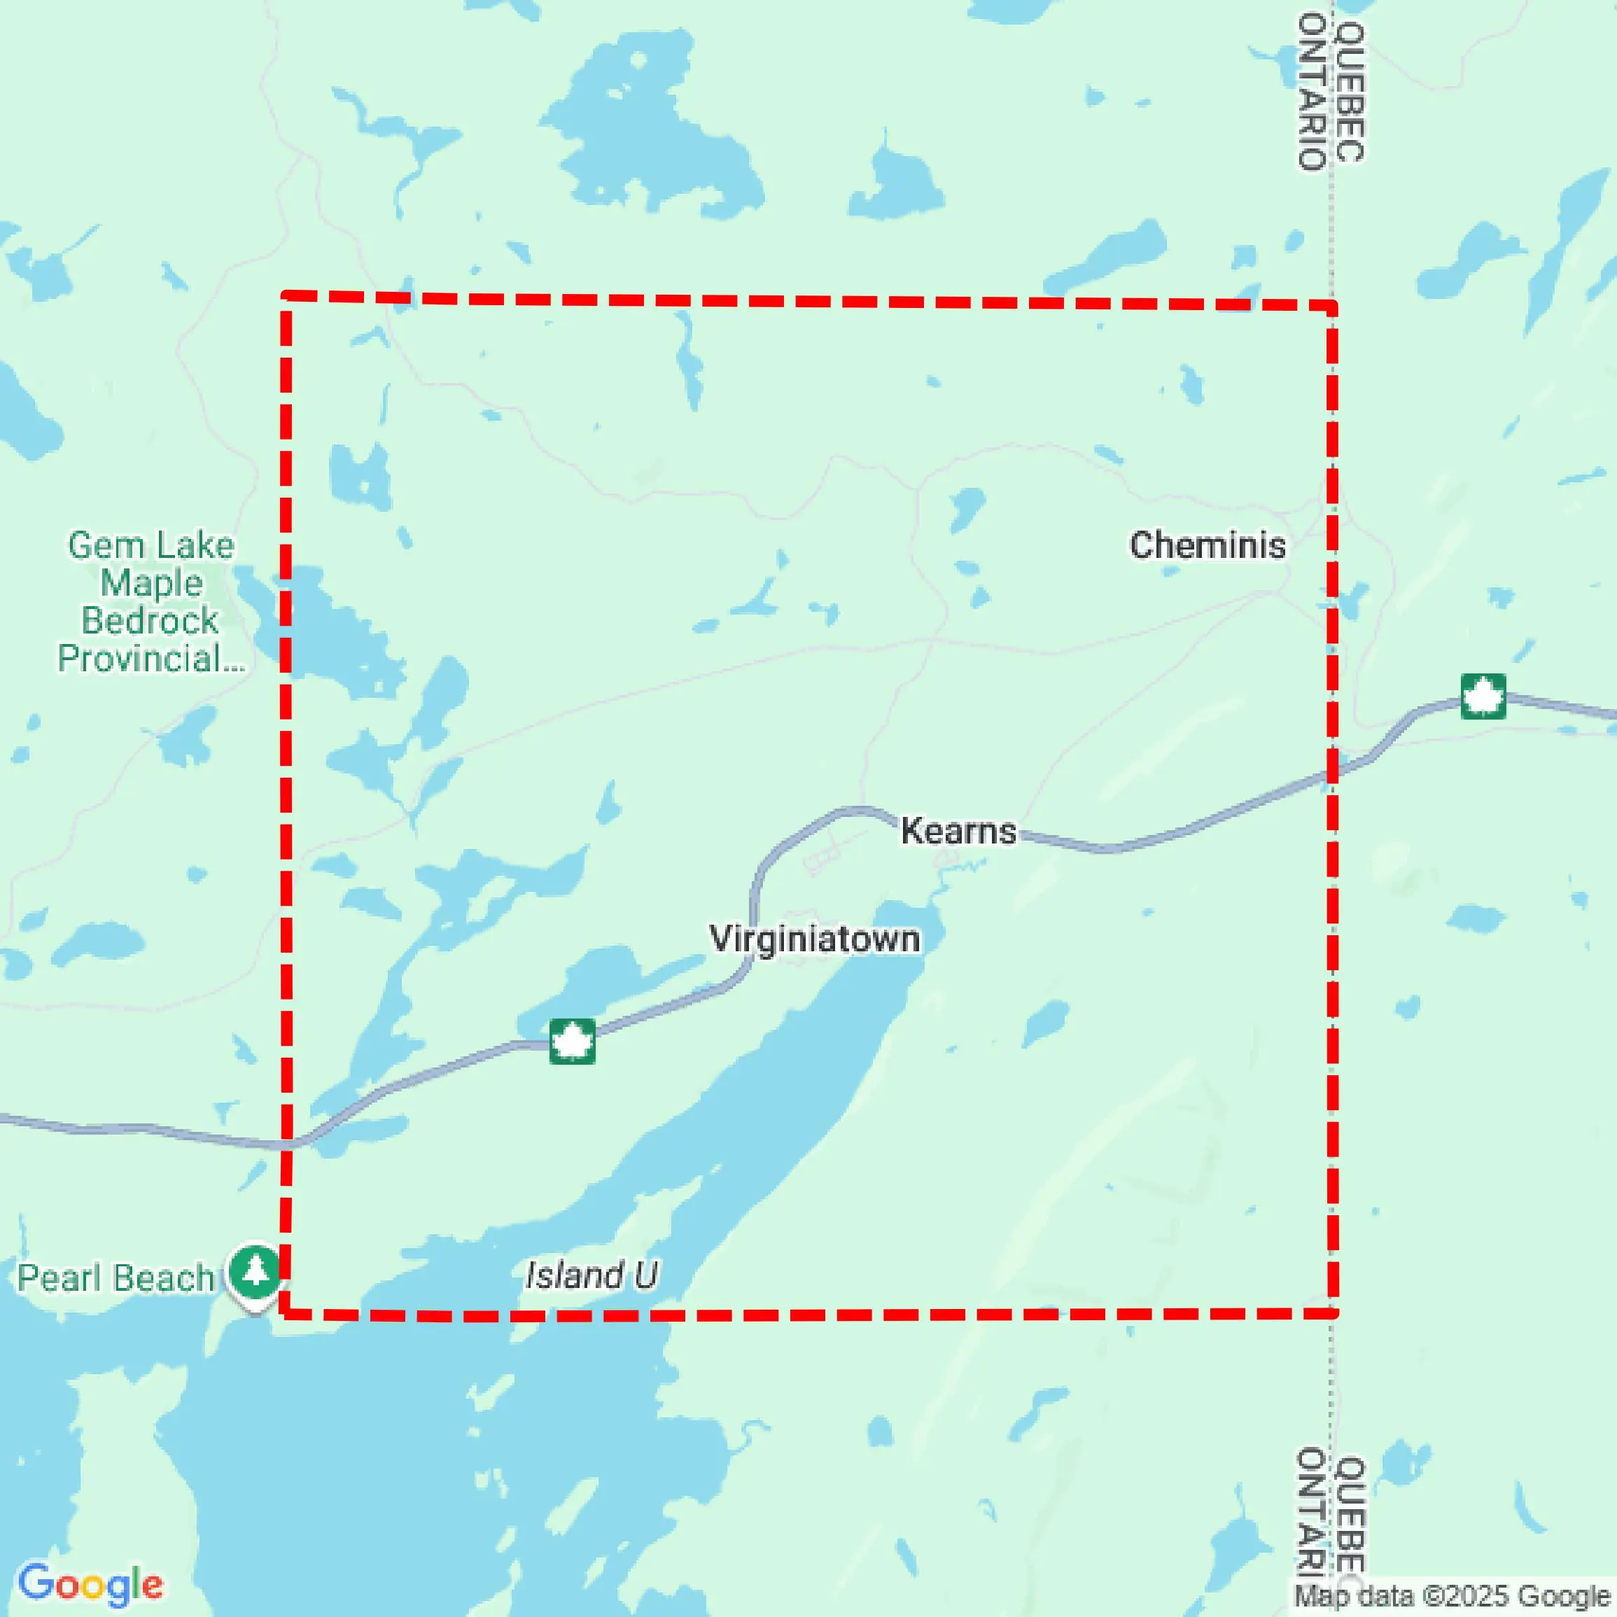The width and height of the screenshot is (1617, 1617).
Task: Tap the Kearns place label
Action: [958, 831]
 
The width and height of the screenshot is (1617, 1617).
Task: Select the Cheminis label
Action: [1207, 546]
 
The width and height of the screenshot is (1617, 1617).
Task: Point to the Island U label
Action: [591, 1275]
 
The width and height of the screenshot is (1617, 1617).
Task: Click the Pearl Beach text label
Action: [115, 1278]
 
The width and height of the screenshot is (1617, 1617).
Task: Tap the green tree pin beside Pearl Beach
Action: [255, 1271]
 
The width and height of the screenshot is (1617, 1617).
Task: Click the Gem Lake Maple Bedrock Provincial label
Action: [150, 602]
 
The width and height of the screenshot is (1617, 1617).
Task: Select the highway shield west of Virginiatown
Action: [573, 1041]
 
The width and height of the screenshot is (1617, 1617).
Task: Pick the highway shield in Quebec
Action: [1483, 696]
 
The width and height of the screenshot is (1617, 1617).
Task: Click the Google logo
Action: [90, 1584]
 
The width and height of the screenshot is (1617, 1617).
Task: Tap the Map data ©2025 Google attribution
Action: [1452, 1597]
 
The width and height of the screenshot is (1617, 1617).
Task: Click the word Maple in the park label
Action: [151, 583]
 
